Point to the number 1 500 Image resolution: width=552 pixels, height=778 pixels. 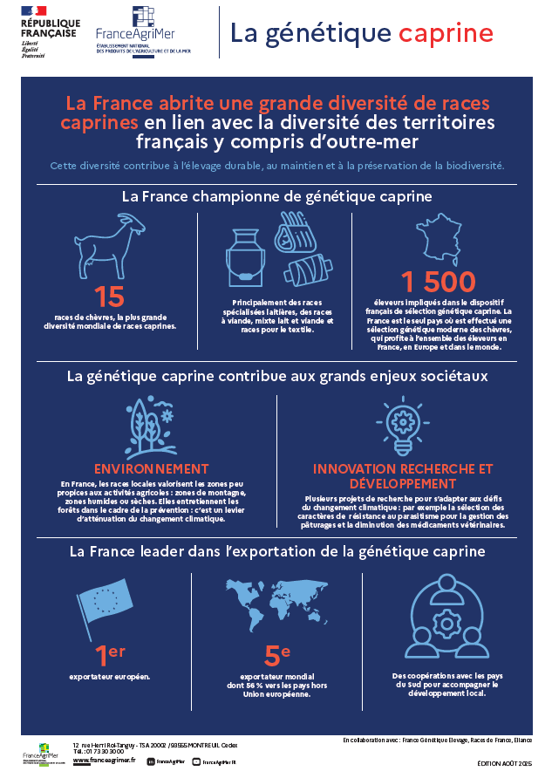coord(439,282)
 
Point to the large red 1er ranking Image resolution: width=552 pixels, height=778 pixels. coord(109,654)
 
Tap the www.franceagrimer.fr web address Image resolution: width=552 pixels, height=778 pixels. coord(104,761)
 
